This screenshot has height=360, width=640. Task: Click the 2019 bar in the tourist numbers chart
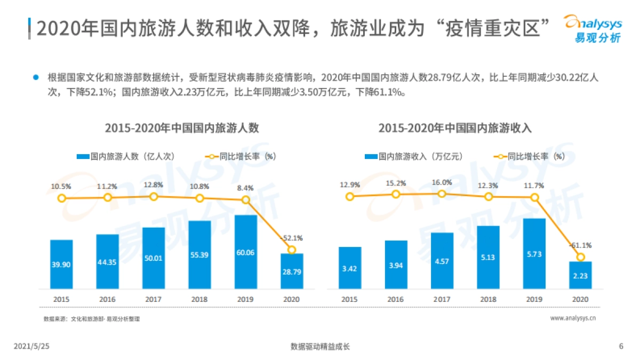point(245,251)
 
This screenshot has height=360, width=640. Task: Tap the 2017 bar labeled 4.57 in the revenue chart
point(442,261)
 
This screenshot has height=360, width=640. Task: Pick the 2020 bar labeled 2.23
point(580,275)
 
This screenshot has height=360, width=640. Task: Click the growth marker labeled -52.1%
point(291,250)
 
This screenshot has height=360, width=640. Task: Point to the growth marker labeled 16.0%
point(442,194)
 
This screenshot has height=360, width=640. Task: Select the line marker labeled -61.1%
point(580,257)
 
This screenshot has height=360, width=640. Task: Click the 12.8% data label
point(154,185)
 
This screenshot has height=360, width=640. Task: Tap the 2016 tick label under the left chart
point(107,299)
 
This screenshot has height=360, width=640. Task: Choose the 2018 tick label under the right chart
point(488,299)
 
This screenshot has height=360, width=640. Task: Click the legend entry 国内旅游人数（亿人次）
point(125,156)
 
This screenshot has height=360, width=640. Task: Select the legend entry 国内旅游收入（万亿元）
point(413,156)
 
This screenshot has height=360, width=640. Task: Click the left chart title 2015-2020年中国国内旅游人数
point(182,128)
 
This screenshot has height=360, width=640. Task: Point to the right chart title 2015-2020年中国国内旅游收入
point(455,128)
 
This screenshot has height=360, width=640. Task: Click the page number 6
point(621,346)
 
